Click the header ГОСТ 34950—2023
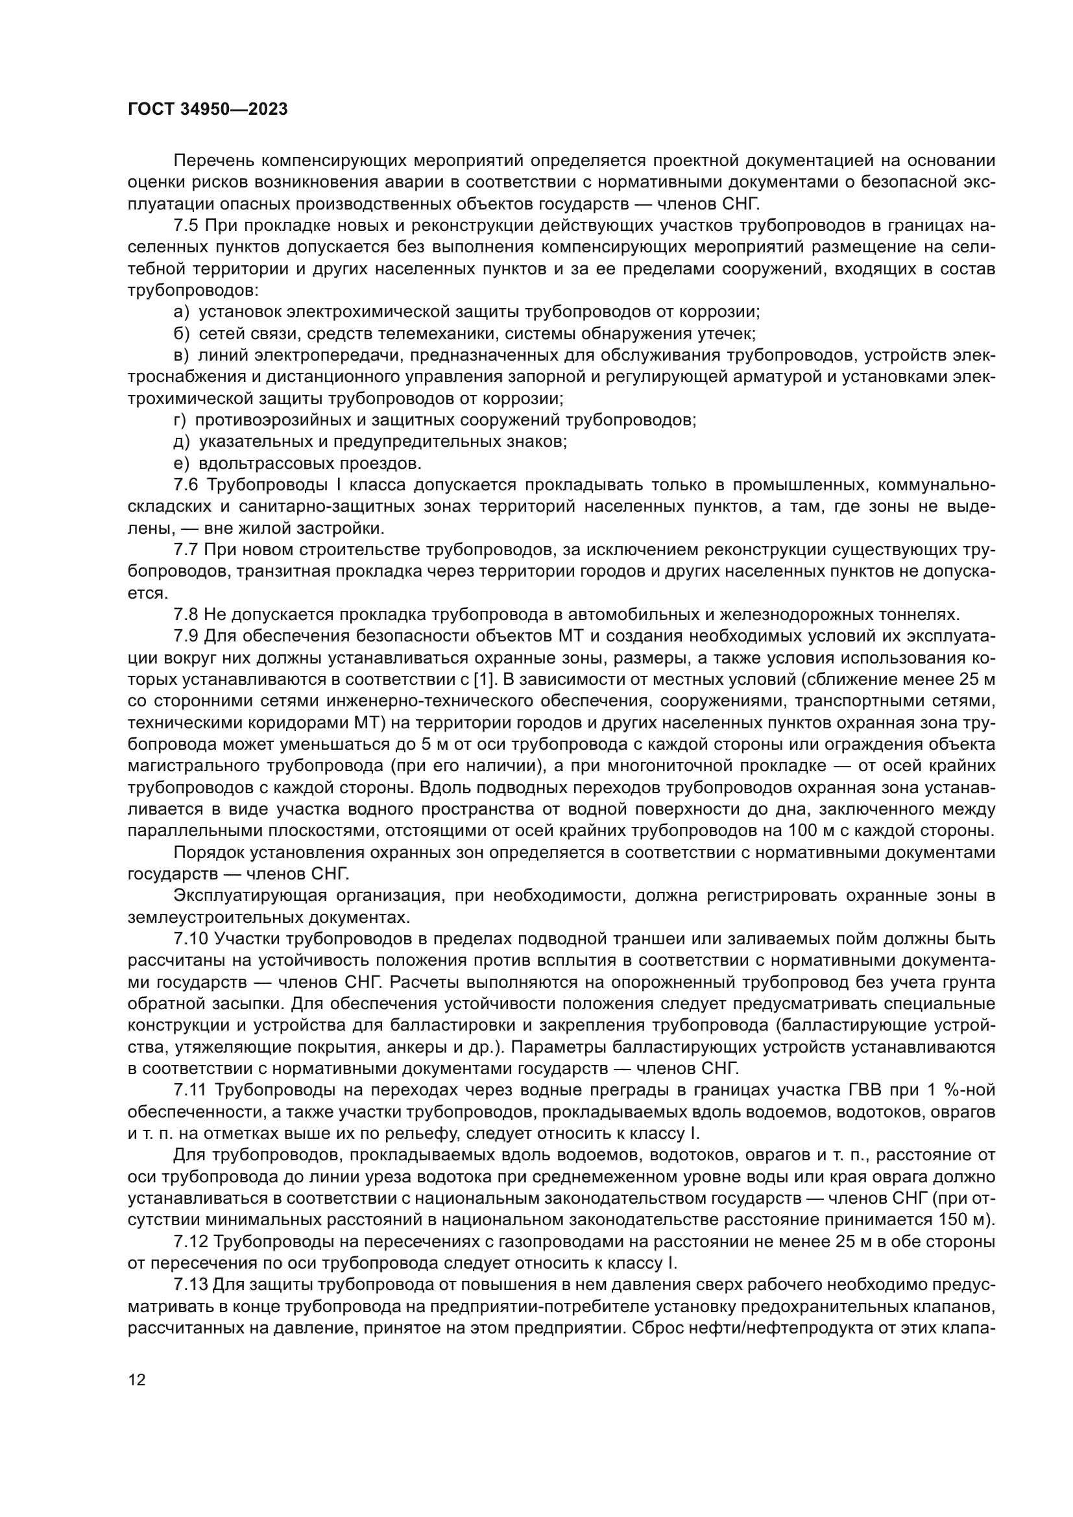[x=208, y=110]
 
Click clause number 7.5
[x=186, y=226]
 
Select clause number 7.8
[x=186, y=615]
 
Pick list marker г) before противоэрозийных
[x=180, y=420]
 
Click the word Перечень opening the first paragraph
[x=213, y=161]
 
